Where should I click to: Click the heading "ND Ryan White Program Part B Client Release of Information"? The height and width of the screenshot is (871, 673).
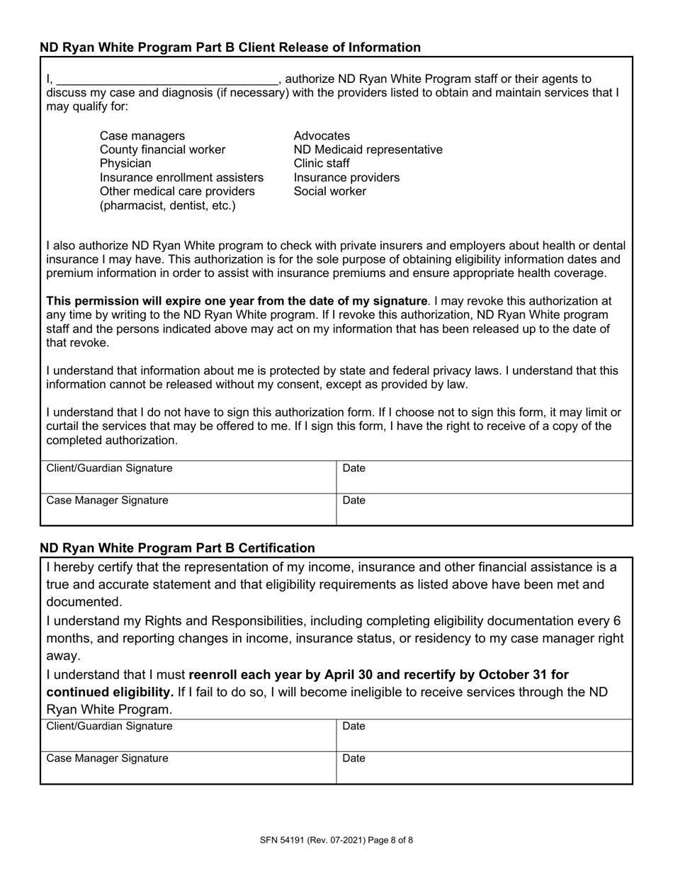click(x=230, y=47)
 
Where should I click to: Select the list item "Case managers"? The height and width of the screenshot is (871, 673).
click(x=142, y=136)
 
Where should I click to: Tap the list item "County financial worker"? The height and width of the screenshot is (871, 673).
click(x=163, y=149)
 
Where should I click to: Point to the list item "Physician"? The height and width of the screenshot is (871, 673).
click(x=125, y=164)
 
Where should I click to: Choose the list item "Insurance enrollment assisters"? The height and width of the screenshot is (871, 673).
click(x=181, y=178)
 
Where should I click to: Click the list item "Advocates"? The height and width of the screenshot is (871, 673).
click(x=322, y=136)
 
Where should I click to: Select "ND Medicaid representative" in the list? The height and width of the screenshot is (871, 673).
click(x=368, y=149)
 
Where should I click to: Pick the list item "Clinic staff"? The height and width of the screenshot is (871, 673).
click(x=322, y=164)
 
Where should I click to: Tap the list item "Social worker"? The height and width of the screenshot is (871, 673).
click(x=330, y=191)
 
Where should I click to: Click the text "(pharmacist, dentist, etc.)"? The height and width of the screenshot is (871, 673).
click(x=168, y=205)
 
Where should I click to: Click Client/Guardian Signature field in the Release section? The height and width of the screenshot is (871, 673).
click(x=188, y=477)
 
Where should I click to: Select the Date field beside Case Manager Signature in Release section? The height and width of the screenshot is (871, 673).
click(x=484, y=509)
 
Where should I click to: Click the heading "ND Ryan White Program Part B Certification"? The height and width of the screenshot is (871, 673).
click(x=177, y=547)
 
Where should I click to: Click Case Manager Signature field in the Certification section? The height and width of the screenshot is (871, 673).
click(x=188, y=768)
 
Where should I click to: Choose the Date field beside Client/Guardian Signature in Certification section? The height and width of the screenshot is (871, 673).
click(x=484, y=735)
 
